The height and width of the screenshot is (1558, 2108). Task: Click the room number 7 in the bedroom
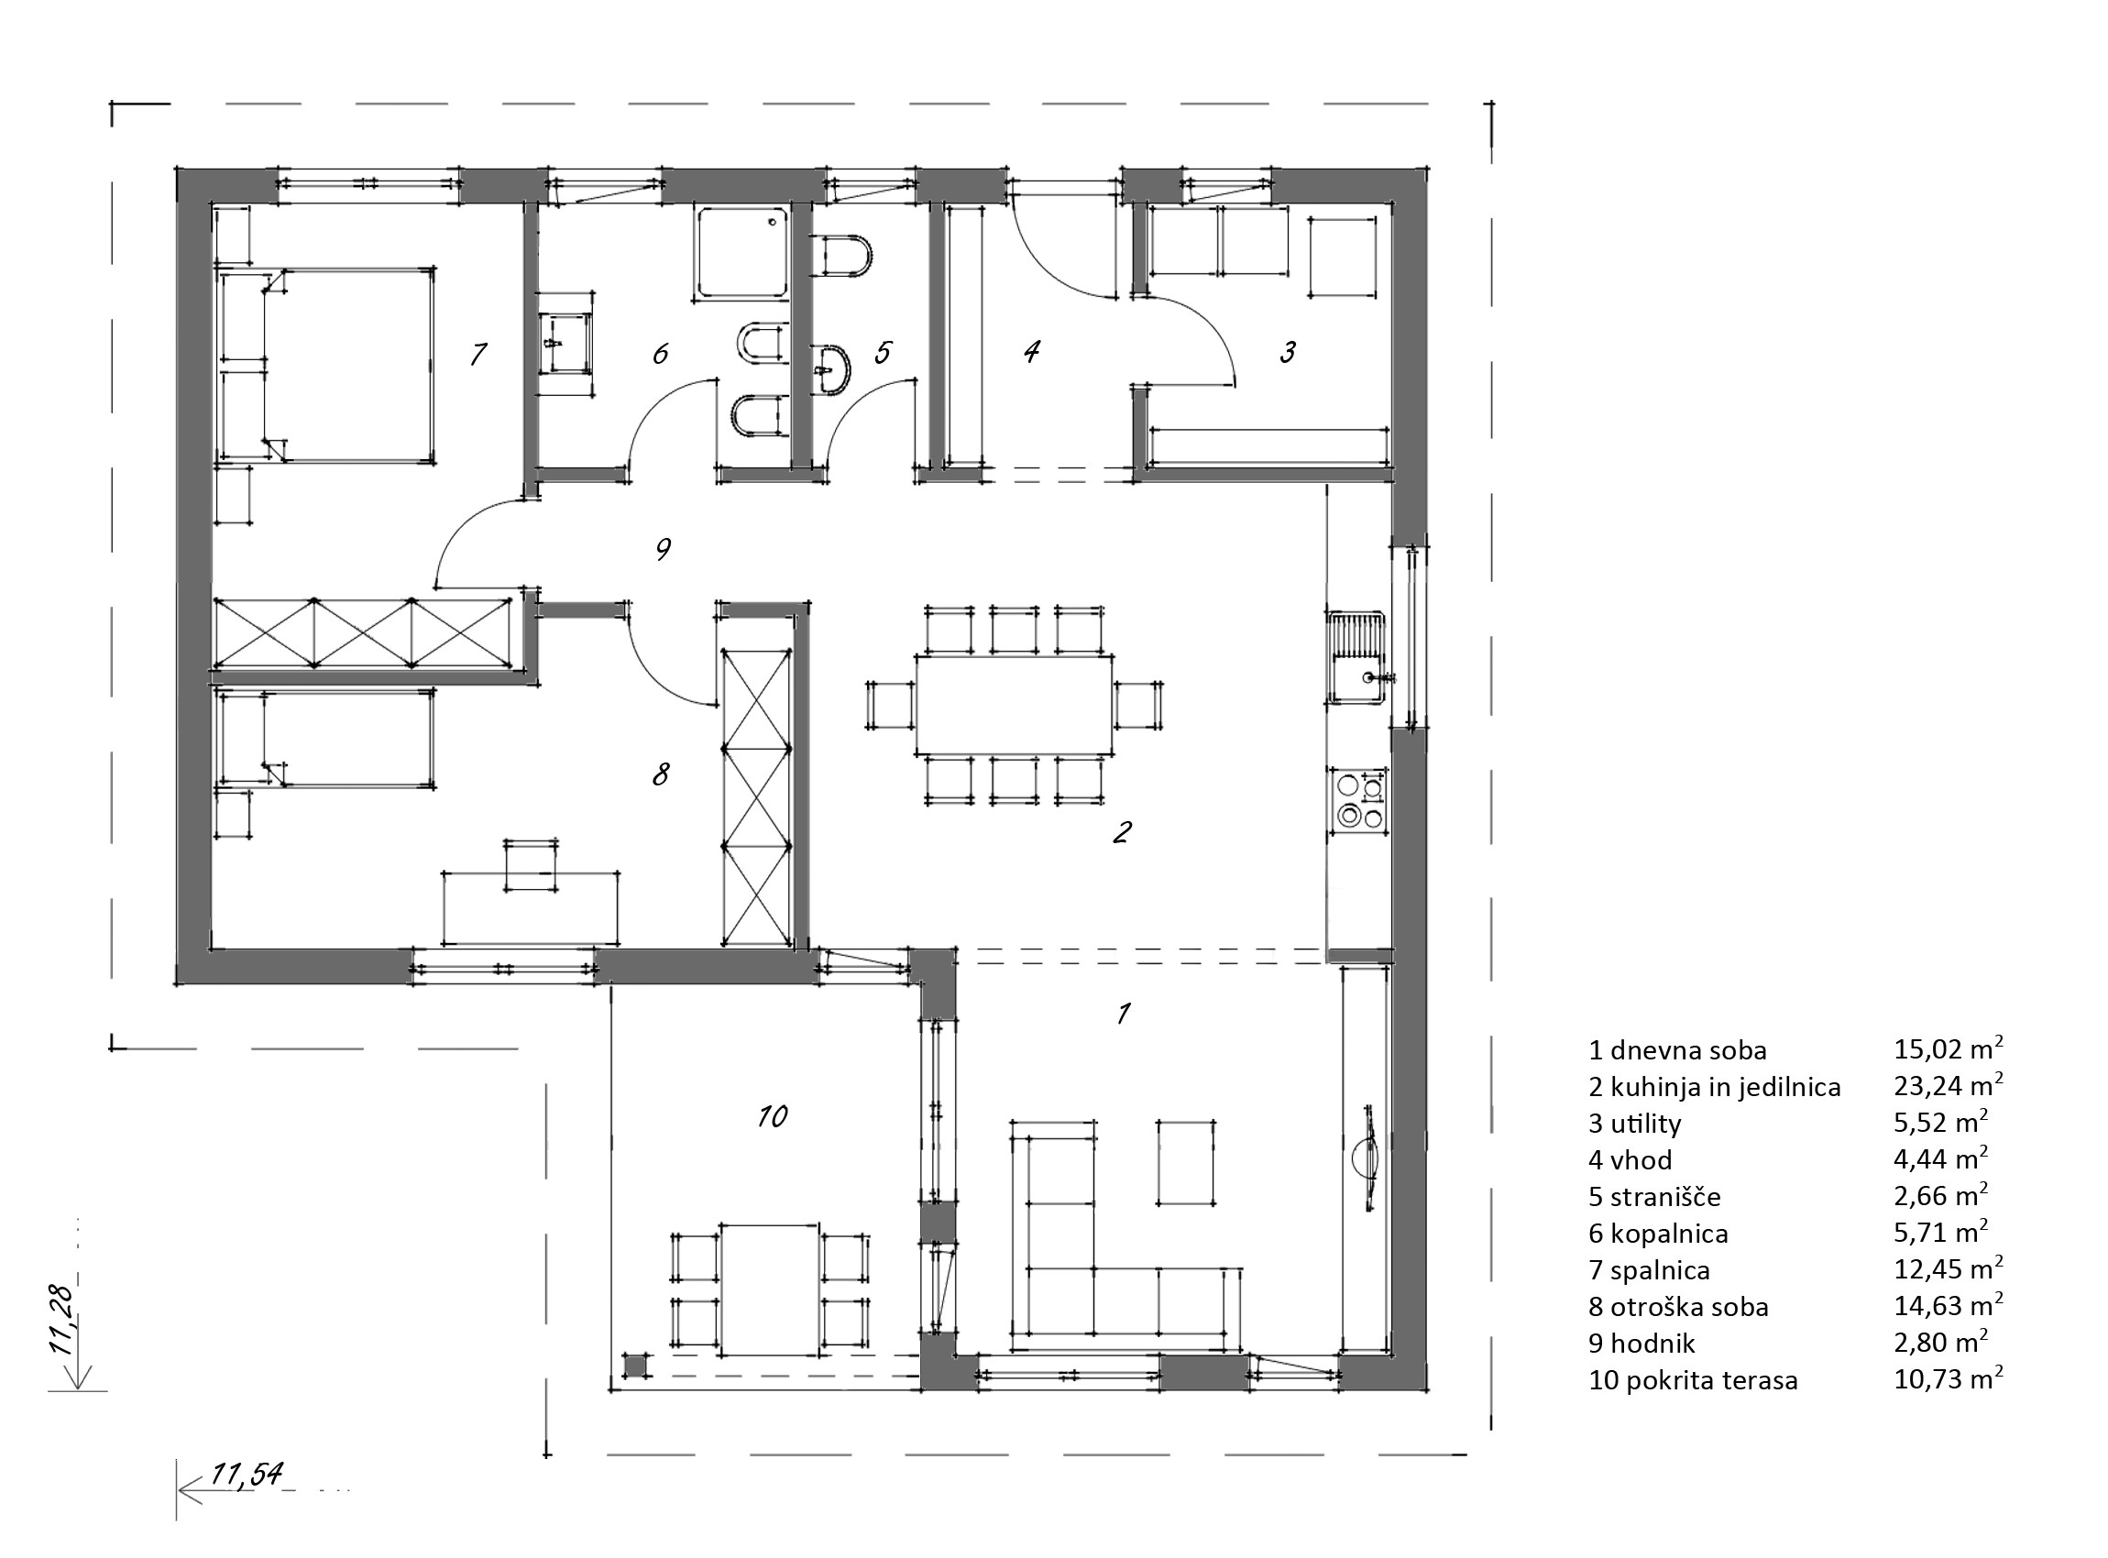pyautogui.click(x=478, y=354)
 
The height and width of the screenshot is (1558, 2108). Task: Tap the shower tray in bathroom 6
pyautogui.click(x=741, y=252)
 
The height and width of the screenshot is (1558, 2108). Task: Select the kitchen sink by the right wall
pyautogui.click(x=1357, y=657)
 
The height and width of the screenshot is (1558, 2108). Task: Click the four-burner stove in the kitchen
pyautogui.click(x=1359, y=801)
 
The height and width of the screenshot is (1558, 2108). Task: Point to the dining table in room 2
pyautogui.click(x=1014, y=705)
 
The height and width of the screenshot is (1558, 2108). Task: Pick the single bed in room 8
pyautogui.click(x=326, y=738)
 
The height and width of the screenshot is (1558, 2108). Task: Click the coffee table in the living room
pyautogui.click(x=1186, y=1162)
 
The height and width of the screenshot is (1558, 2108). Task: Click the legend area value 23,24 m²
pyautogui.click(x=1948, y=1085)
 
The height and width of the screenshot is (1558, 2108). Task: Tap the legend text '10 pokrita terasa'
pyautogui.click(x=1693, y=1381)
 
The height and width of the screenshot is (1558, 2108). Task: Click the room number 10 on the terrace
pyautogui.click(x=773, y=1116)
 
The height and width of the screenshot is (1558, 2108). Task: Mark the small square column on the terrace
pyautogui.click(x=637, y=1365)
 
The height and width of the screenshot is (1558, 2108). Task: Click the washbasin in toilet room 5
pyautogui.click(x=830, y=365)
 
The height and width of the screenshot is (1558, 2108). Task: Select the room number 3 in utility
pyautogui.click(x=1288, y=353)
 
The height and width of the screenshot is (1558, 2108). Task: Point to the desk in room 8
pyautogui.click(x=531, y=907)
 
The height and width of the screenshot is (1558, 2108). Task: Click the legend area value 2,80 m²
pyautogui.click(x=1940, y=1343)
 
